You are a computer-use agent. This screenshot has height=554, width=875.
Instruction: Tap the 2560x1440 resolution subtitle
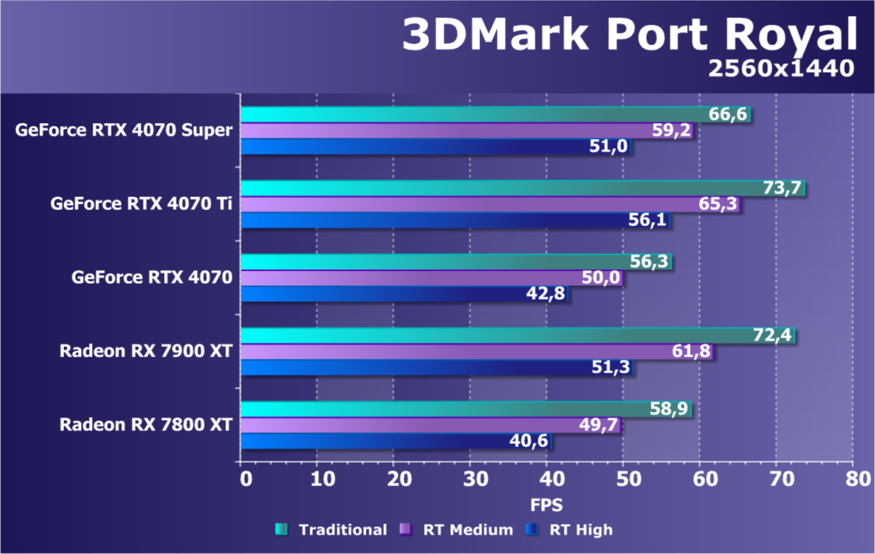(x=780, y=69)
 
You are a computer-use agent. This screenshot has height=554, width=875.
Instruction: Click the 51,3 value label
(x=611, y=368)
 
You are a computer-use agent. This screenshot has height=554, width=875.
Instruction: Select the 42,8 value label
(x=545, y=294)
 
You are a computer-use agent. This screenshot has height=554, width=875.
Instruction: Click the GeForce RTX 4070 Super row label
(x=124, y=130)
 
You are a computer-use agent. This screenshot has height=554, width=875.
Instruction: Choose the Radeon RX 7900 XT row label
(x=146, y=351)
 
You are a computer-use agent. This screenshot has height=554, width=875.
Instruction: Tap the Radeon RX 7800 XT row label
(x=146, y=424)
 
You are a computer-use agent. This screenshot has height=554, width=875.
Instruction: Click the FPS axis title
(x=546, y=504)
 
